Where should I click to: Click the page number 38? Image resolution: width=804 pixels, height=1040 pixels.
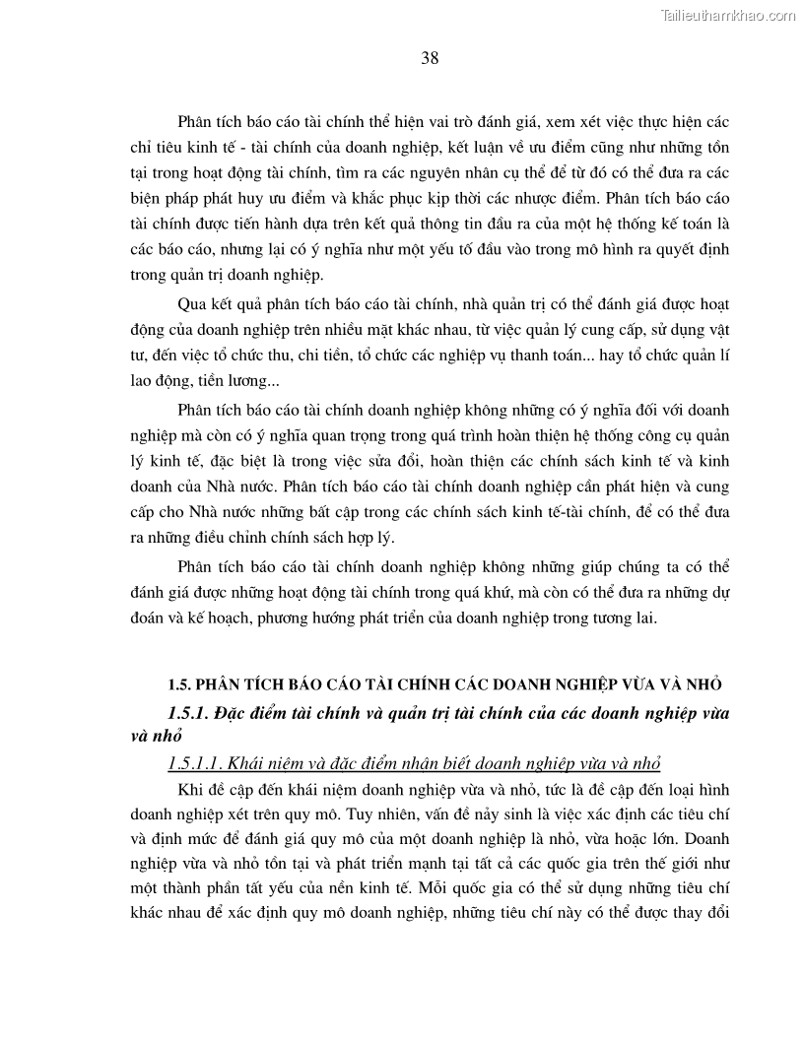[430, 58]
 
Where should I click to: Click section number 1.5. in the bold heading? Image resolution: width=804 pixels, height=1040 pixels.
[177, 684]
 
